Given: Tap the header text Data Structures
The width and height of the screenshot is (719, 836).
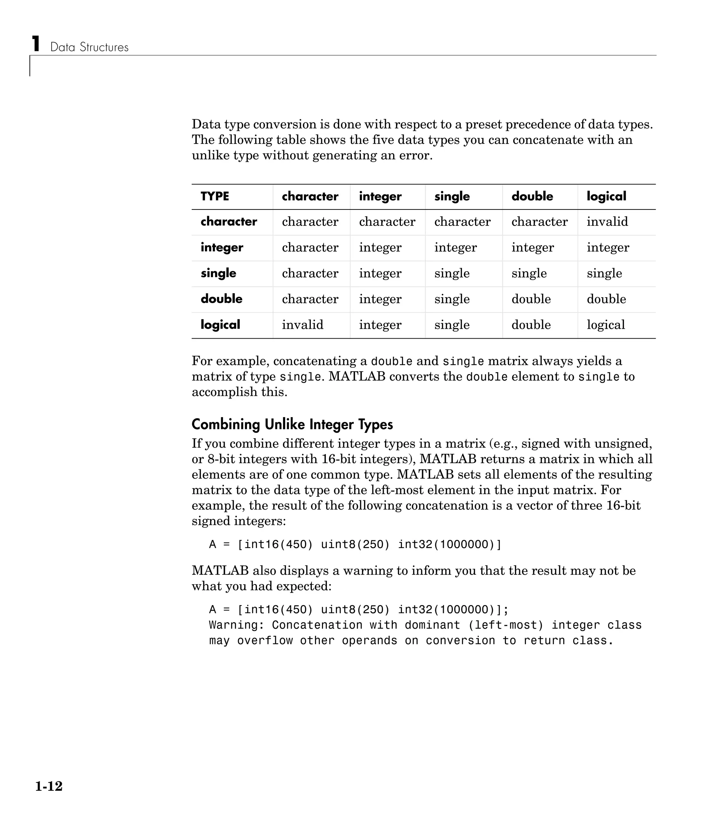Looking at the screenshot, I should tap(89, 47).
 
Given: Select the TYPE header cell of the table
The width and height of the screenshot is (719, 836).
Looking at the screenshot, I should tap(215, 196).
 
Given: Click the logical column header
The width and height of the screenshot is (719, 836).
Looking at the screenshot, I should tap(606, 196).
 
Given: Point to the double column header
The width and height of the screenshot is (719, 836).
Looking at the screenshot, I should tap(532, 196).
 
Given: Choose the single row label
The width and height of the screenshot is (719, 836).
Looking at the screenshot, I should tap(218, 273).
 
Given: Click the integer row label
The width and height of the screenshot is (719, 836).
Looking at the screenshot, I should tap(222, 247).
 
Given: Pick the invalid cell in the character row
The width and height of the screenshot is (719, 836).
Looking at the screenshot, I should tap(607, 221).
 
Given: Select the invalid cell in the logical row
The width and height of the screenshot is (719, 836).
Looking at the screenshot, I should tap(302, 325).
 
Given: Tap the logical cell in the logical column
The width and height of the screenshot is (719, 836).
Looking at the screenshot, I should tap(606, 325).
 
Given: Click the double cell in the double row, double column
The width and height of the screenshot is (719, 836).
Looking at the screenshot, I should tap(531, 299).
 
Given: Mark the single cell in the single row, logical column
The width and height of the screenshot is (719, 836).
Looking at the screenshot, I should tap(604, 273).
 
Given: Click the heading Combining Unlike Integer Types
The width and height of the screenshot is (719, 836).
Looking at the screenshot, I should tap(292, 424).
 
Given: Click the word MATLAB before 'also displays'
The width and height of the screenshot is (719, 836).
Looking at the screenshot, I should tap(220, 570).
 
